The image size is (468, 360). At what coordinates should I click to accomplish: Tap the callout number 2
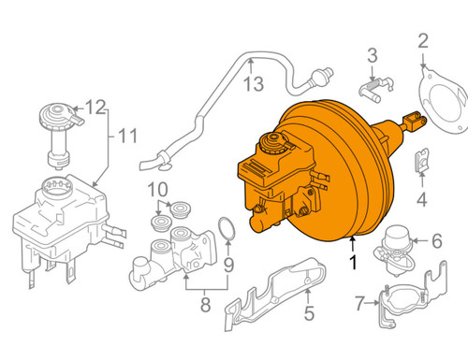point(422,40)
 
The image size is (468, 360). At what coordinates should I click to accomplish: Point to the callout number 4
point(420,198)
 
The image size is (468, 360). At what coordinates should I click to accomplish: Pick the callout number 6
point(435,241)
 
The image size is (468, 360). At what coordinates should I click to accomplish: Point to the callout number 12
point(96,107)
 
